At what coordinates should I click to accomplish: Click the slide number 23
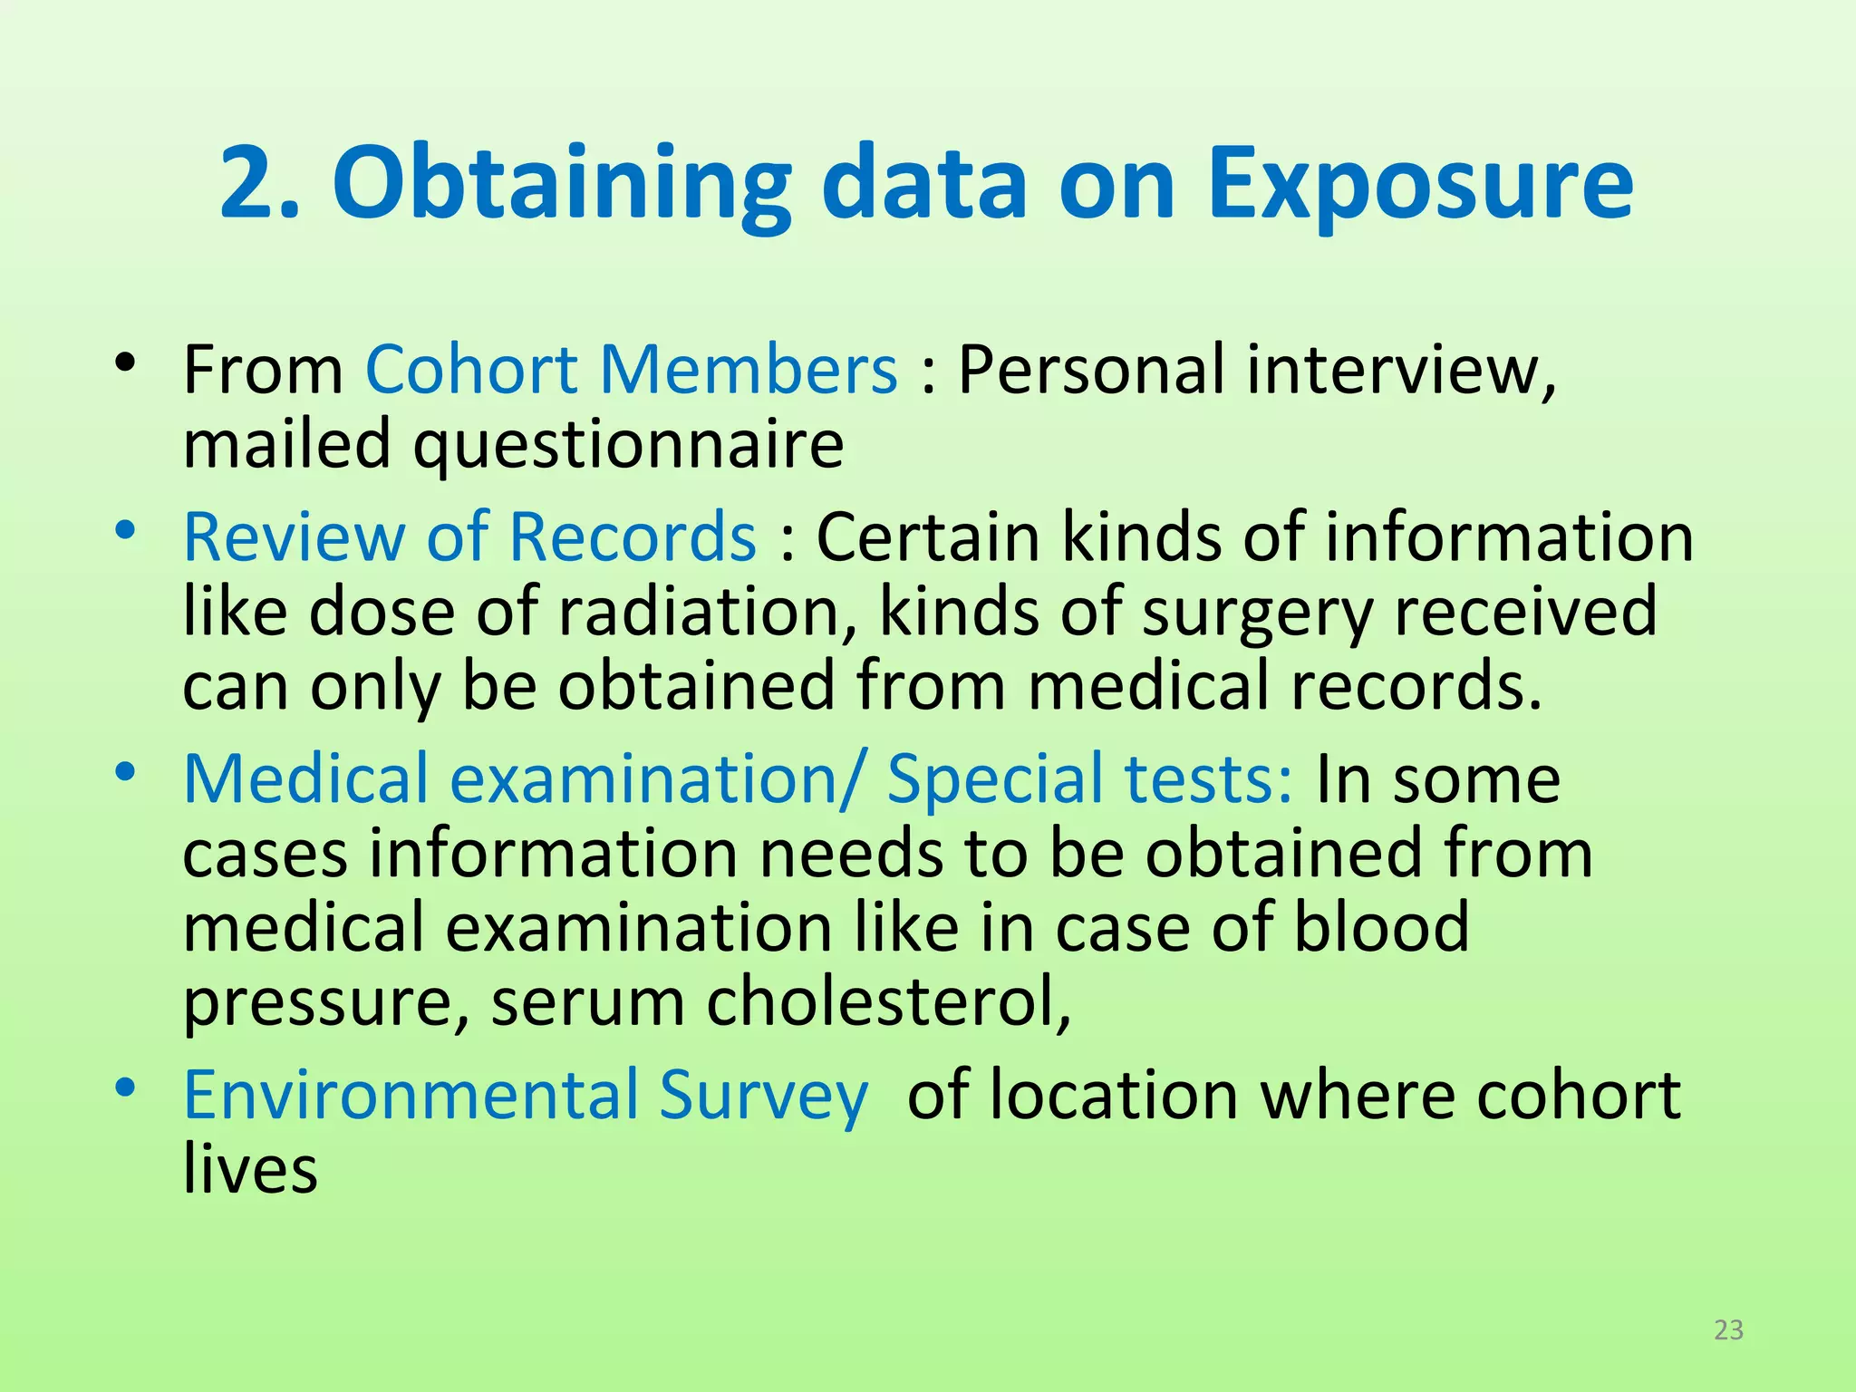(x=1729, y=1329)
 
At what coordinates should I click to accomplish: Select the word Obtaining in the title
(x=562, y=186)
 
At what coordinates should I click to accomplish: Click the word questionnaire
(x=628, y=446)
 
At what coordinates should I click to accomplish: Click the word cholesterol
(x=888, y=1002)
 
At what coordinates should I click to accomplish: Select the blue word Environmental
(x=411, y=1095)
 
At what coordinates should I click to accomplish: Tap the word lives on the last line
(x=250, y=1169)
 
